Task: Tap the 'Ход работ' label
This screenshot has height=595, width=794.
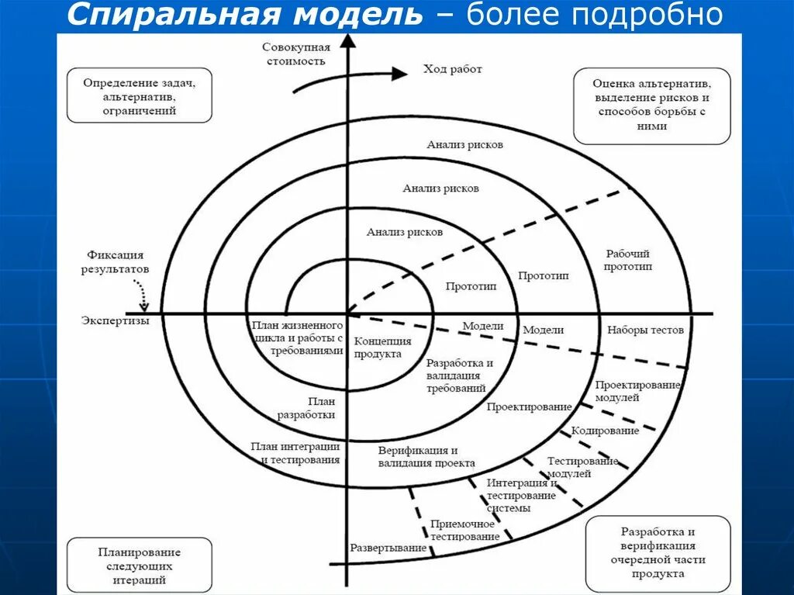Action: (x=452, y=70)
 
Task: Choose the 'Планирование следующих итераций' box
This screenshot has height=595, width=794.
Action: (x=139, y=566)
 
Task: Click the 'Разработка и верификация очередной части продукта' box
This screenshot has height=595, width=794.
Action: (x=658, y=553)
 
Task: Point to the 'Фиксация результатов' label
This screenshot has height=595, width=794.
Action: (x=116, y=261)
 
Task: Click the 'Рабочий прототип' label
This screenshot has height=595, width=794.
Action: (x=629, y=260)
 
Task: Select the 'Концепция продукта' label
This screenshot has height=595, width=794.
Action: (x=382, y=348)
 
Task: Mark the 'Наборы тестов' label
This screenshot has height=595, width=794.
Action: (x=645, y=330)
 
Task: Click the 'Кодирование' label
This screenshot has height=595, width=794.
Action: (x=605, y=431)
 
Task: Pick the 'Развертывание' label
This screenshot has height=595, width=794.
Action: (x=388, y=548)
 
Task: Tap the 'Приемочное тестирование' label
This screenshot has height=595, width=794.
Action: (x=464, y=531)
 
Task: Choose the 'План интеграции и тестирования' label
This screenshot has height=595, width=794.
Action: (x=295, y=453)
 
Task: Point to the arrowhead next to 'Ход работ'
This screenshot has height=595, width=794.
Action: (x=399, y=74)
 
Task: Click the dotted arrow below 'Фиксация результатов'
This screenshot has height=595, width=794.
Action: (x=144, y=292)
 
